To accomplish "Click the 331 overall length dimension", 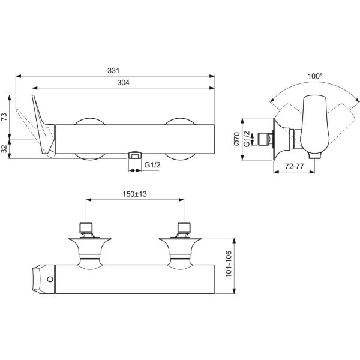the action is [113, 70].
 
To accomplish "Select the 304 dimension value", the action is [123, 82].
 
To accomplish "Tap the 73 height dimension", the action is [4, 116].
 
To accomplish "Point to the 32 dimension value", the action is [4, 149].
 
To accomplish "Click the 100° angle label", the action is [315, 76].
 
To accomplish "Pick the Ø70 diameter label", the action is [237, 139].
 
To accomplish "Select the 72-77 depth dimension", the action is [295, 166].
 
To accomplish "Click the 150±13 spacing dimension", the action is [134, 194].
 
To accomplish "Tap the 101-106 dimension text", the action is [229, 264].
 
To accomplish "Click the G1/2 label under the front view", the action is [152, 165].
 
